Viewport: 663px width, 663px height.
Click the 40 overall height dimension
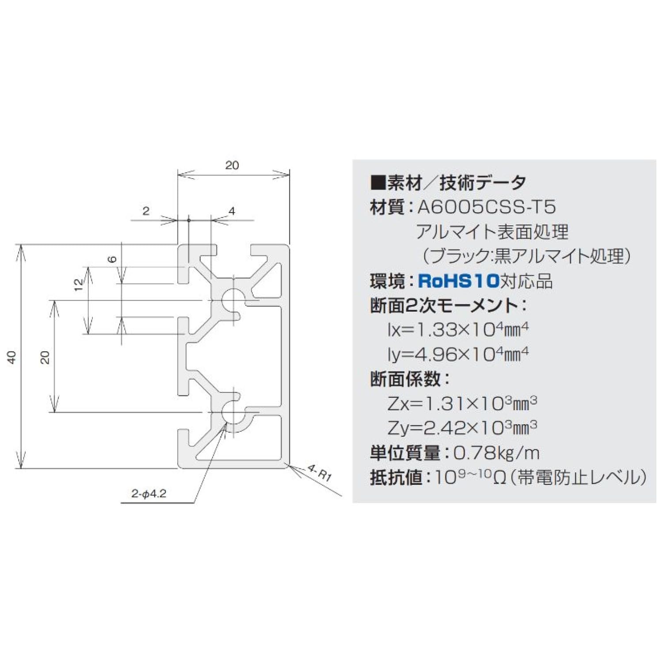pos(12,357)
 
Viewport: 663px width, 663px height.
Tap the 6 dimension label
pos(113,259)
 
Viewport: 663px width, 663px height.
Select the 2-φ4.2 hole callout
pos(149,494)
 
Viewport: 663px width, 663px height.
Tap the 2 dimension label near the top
pos(146,211)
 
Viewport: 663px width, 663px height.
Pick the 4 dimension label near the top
pos(232,211)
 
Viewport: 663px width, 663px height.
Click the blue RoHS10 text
pos(458,281)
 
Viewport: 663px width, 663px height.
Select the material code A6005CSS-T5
pos(487,207)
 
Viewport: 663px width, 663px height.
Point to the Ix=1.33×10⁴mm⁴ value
pos(458,330)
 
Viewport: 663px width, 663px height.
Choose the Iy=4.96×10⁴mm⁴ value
pos(458,354)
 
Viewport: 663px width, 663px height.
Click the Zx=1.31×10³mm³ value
pos(462,403)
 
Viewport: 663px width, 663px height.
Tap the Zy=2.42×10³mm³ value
pos(462,427)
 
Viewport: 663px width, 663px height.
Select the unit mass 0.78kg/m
pos(496,452)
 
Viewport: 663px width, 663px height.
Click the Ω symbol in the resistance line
pos(499,478)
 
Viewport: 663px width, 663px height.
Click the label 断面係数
pos(405,379)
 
